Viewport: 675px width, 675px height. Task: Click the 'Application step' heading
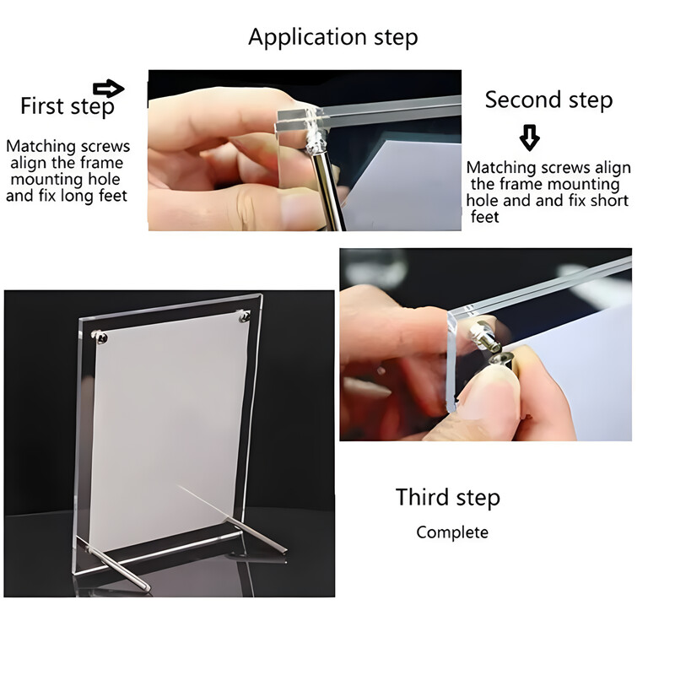pos(332,37)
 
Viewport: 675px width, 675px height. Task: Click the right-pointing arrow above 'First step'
pos(108,89)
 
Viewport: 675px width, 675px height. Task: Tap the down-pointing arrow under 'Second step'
pos(529,137)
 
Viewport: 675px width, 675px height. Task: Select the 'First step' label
pos(67,106)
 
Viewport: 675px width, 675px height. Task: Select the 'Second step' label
pos(548,100)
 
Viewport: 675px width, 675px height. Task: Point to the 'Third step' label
pos(448,497)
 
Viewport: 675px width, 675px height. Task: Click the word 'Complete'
pos(452,532)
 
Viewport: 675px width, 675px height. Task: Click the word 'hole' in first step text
pos(102,180)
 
